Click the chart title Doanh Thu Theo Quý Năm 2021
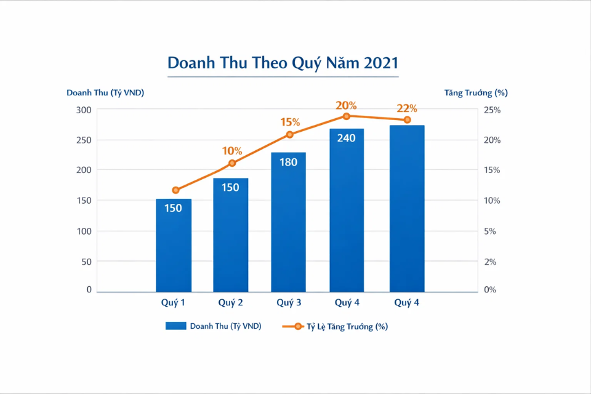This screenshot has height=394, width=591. (x=283, y=63)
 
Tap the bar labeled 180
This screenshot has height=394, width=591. (x=288, y=222)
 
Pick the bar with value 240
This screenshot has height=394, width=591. (x=346, y=209)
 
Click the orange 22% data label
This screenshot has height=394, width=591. (x=407, y=108)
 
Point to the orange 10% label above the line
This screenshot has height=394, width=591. (x=232, y=151)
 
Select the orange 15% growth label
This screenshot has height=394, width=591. (x=289, y=122)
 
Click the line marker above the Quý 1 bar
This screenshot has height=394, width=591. (x=175, y=190)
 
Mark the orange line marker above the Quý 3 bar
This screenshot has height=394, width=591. (x=289, y=134)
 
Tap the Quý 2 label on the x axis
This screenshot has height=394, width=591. (x=231, y=302)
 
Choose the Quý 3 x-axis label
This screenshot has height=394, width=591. (x=289, y=302)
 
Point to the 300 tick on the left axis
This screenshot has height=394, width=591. (x=84, y=110)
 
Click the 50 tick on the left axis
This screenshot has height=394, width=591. (x=86, y=262)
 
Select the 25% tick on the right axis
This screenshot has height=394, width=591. (x=492, y=110)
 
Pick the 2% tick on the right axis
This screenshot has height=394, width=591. (x=490, y=262)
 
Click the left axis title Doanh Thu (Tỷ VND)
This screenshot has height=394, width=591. (x=105, y=93)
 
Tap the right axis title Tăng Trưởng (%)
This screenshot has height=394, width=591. (x=476, y=93)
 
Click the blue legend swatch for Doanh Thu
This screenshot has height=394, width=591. (x=175, y=326)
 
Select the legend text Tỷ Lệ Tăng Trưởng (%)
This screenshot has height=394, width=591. (x=347, y=327)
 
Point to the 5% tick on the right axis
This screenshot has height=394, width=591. (x=490, y=231)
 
